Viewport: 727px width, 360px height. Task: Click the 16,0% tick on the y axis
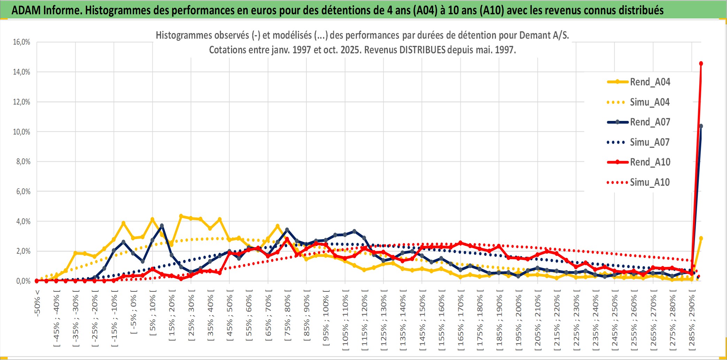click(22, 42)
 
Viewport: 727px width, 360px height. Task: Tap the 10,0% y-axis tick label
click(22, 132)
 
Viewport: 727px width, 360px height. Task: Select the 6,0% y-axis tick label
click(23, 191)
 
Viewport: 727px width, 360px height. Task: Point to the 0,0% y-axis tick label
click(23, 281)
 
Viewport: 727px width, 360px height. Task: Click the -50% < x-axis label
click(37, 303)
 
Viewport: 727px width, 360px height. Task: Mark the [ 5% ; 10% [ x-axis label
click(153, 315)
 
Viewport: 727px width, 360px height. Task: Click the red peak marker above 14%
click(701, 63)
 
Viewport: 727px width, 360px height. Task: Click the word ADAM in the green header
click(26, 10)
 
